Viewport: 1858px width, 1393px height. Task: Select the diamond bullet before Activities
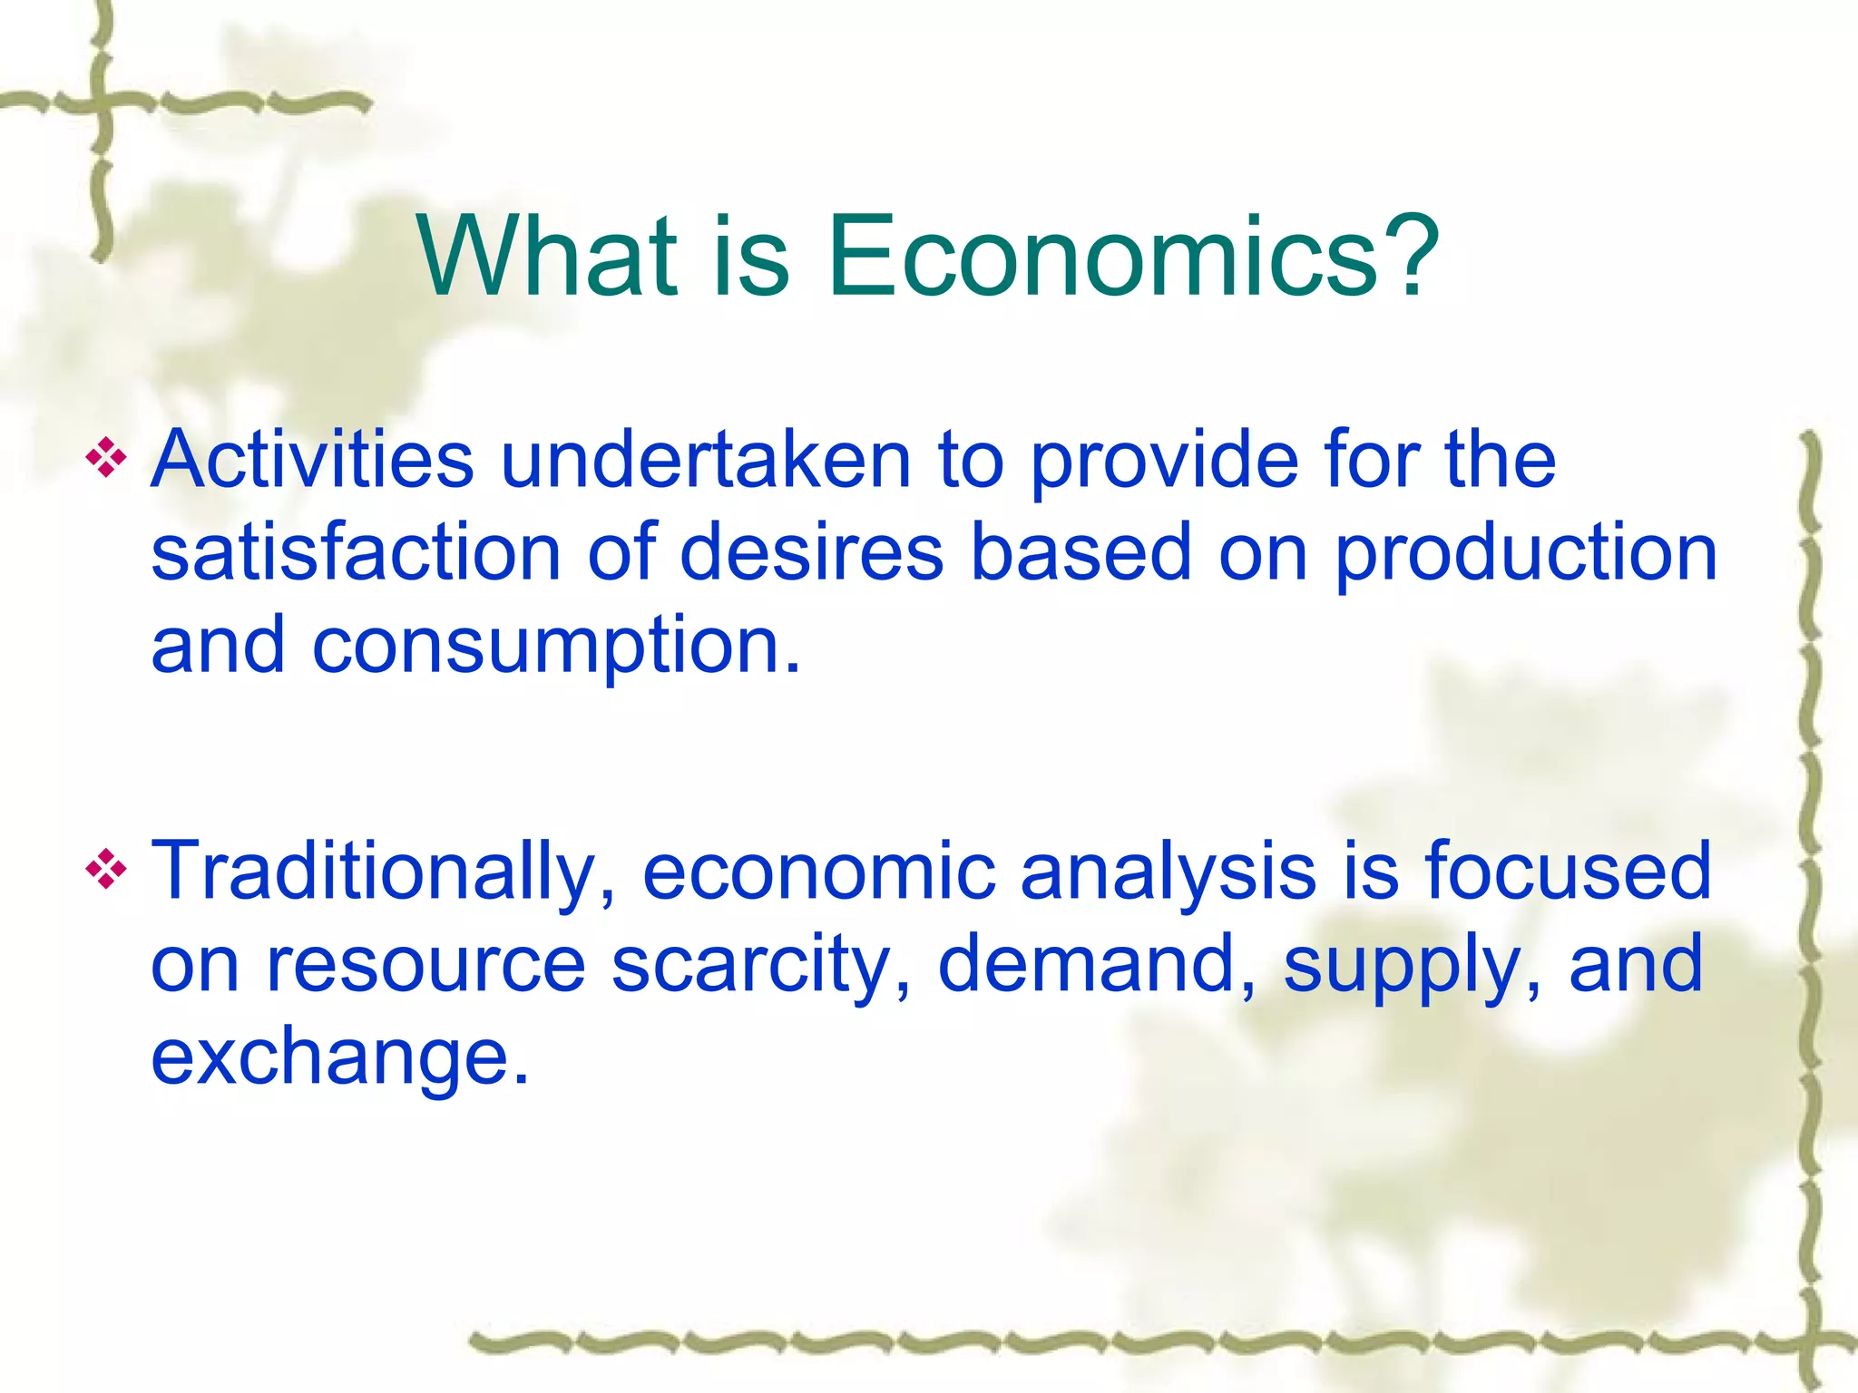106,459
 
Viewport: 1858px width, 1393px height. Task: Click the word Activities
312,459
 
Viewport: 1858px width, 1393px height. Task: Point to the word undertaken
705,459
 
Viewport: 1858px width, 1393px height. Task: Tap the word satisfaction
356,552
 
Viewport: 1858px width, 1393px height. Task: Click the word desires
811,552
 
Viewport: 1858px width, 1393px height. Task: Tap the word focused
1568,871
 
